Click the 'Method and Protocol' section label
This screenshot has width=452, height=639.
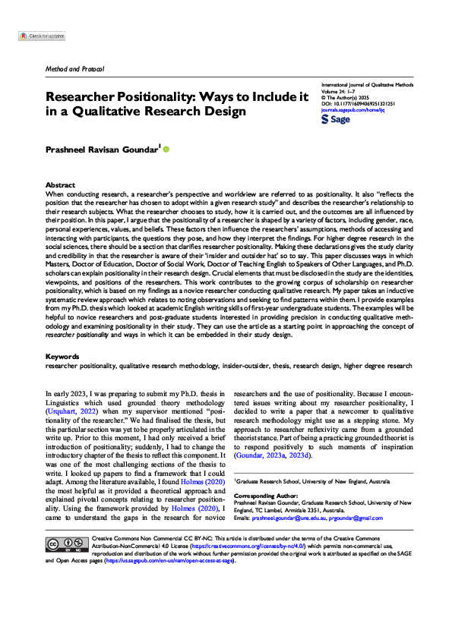click(74, 70)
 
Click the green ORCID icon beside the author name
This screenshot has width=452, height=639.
click(166, 150)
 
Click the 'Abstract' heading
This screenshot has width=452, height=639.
click(61, 184)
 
